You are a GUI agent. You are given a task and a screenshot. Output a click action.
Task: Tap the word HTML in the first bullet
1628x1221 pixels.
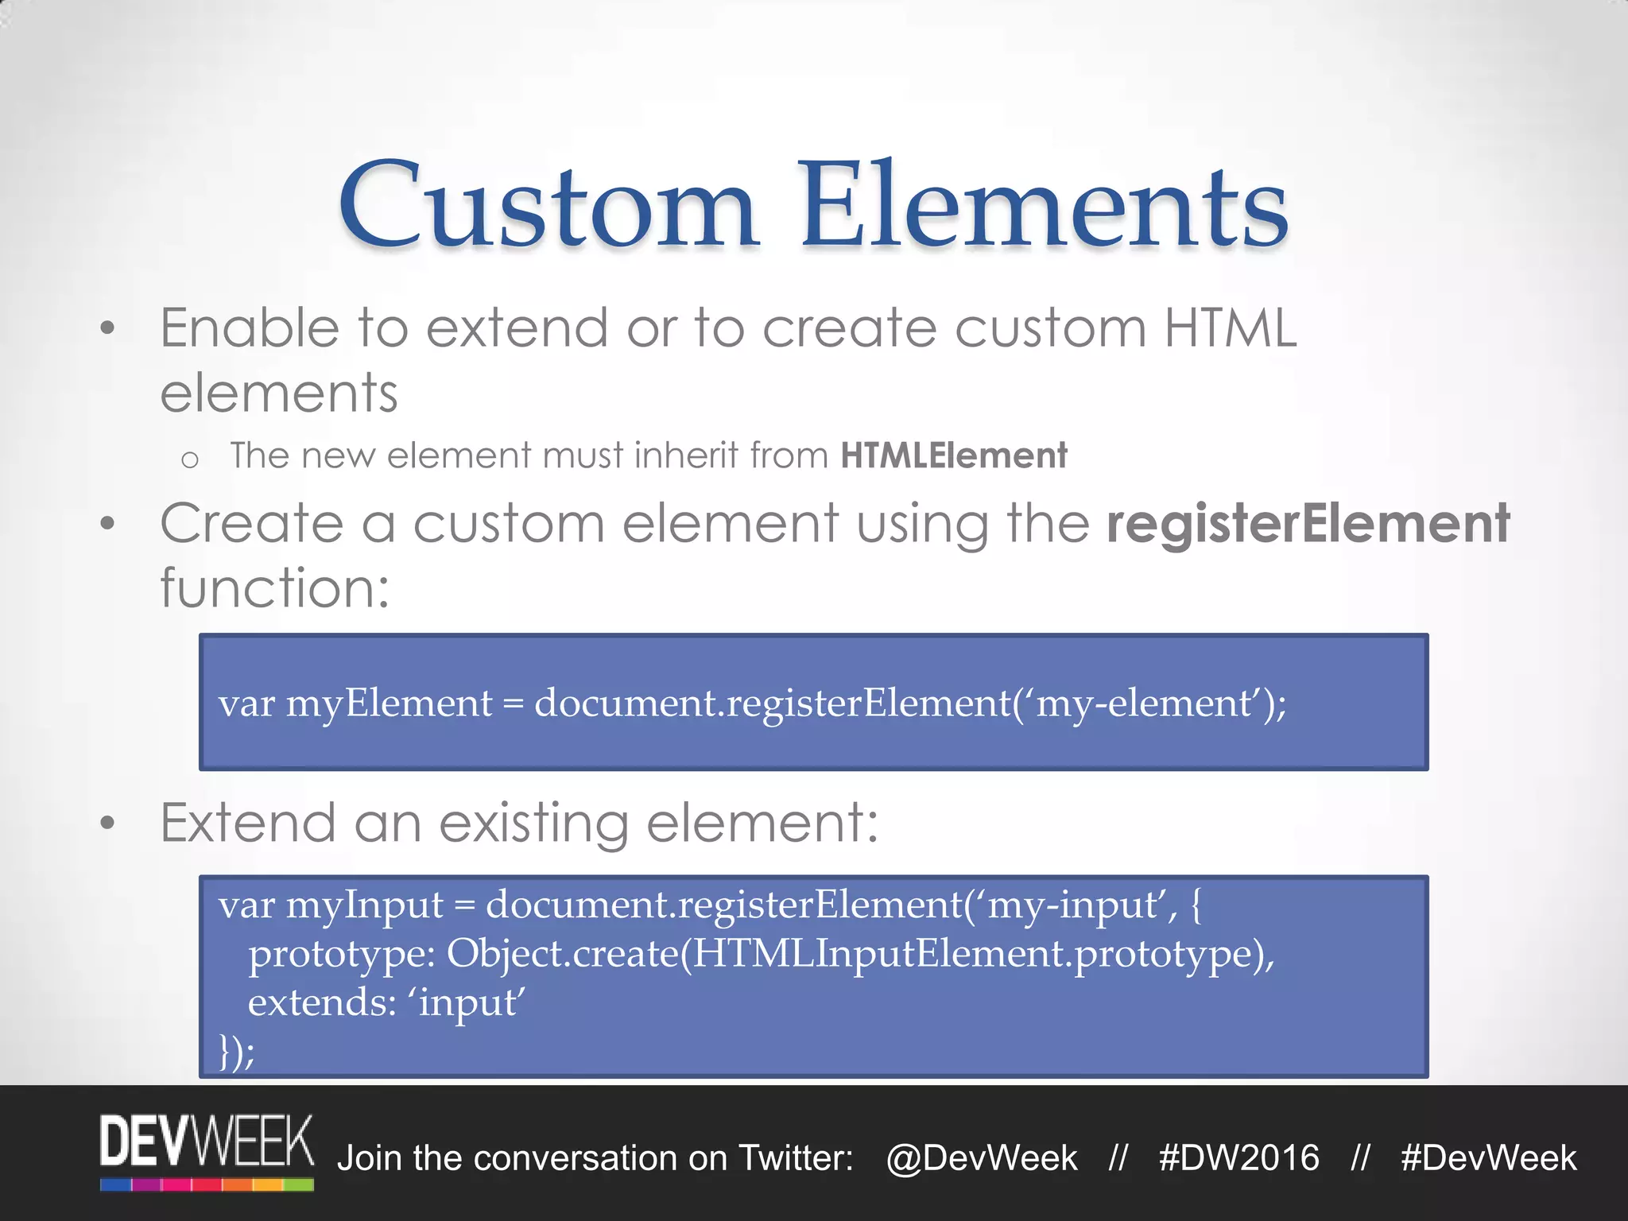pos(1230,328)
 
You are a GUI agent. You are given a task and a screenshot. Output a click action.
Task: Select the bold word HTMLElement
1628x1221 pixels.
pos(953,455)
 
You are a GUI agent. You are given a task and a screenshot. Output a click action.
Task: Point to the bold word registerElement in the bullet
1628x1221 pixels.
pos(1308,524)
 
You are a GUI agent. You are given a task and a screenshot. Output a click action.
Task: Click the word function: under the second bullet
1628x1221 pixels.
pos(275,588)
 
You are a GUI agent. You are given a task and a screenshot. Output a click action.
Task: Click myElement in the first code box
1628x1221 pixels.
pos(389,704)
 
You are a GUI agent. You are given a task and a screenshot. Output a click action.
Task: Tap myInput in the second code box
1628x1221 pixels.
pos(364,905)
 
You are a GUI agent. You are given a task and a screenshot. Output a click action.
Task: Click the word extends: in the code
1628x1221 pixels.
pos(322,1002)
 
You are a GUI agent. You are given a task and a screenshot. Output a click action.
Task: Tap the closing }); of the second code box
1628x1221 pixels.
pos(237,1051)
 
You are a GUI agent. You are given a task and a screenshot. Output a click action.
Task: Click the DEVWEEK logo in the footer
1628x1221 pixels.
pos(207,1151)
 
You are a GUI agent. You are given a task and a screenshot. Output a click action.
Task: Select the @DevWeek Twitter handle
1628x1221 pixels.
pos(981,1158)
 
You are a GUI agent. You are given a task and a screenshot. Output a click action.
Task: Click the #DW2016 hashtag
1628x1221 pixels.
pos(1238,1158)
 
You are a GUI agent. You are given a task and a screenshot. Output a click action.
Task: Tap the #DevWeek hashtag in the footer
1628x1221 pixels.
pos(1488,1158)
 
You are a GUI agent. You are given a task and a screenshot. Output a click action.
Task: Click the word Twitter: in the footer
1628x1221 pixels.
pos(796,1158)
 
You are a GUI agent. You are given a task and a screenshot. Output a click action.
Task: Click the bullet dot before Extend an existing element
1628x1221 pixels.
pos(108,824)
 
